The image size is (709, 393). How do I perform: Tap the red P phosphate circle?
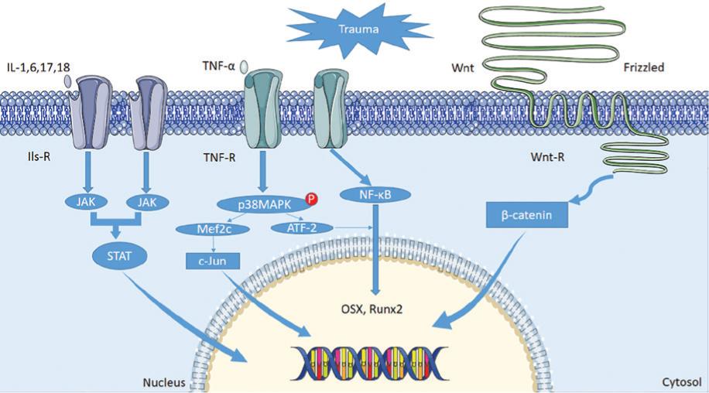click(312, 199)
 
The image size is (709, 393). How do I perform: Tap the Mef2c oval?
click(205, 228)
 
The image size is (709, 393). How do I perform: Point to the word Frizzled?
click(643, 67)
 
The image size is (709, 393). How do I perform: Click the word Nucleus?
click(162, 382)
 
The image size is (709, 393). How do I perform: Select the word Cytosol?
click(682, 382)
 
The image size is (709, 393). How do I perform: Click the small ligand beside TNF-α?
click(245, 67)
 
